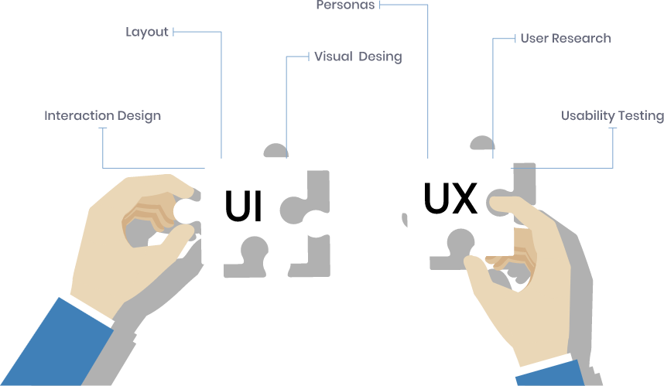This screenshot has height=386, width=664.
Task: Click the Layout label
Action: tap(147, 32)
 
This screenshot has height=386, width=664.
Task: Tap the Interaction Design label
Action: tap(102, 116)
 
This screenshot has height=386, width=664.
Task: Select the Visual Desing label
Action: tap(358, 56)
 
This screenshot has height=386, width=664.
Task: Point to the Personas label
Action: tap(345, 5)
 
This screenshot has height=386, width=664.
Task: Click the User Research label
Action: tap(565, 38)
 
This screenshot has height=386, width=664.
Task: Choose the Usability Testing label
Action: tap(611, 116)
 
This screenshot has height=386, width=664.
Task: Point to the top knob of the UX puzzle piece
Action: tap(460, 136)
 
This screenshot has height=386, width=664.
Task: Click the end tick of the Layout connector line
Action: tap(174, 32)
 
